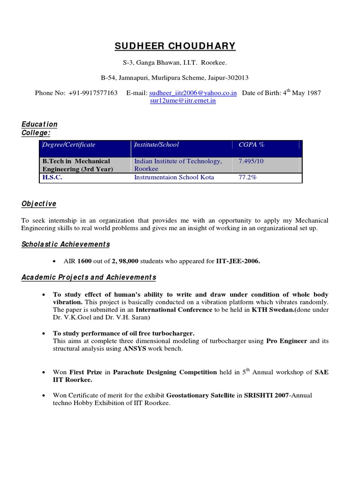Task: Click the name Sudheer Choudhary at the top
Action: point(175,46)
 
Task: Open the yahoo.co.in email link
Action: point(193,93)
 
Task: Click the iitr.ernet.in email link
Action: point(182,101)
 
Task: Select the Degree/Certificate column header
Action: point(69,145)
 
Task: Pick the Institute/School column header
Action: point(157,145)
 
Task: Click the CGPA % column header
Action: point(252,145)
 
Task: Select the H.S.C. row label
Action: point(52,178)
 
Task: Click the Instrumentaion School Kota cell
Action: point(174,178)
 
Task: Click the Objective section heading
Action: point(39,203)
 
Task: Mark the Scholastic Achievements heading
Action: point(66,244)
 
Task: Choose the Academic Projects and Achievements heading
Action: point(89,277)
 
